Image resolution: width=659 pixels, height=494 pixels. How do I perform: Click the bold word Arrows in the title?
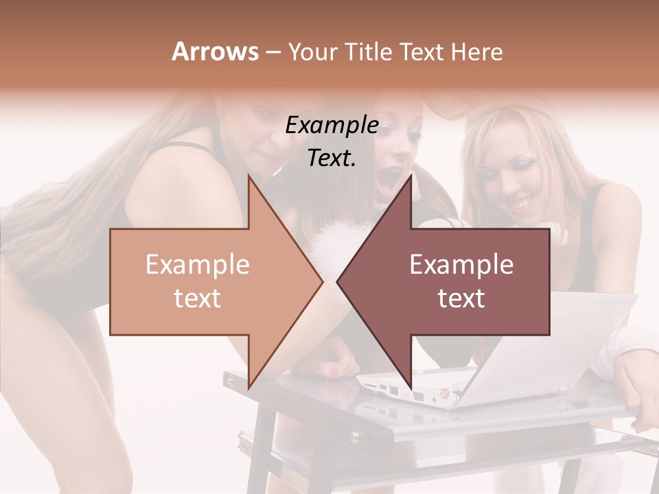coord(216,51)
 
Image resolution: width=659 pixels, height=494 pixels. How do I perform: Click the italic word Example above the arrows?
coord(332,126)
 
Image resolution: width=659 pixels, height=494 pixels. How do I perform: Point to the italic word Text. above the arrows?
coord(332,158)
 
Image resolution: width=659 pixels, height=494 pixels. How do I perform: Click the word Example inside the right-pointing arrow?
coord(197,265)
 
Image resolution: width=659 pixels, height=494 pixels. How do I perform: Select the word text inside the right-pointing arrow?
coord(197,298)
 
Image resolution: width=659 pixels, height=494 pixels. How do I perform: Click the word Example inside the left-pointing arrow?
coord(461,265)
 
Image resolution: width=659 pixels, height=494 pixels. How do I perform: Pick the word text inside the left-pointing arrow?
coord(461,298)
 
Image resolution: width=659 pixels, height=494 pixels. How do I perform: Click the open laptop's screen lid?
coord(549,343)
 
